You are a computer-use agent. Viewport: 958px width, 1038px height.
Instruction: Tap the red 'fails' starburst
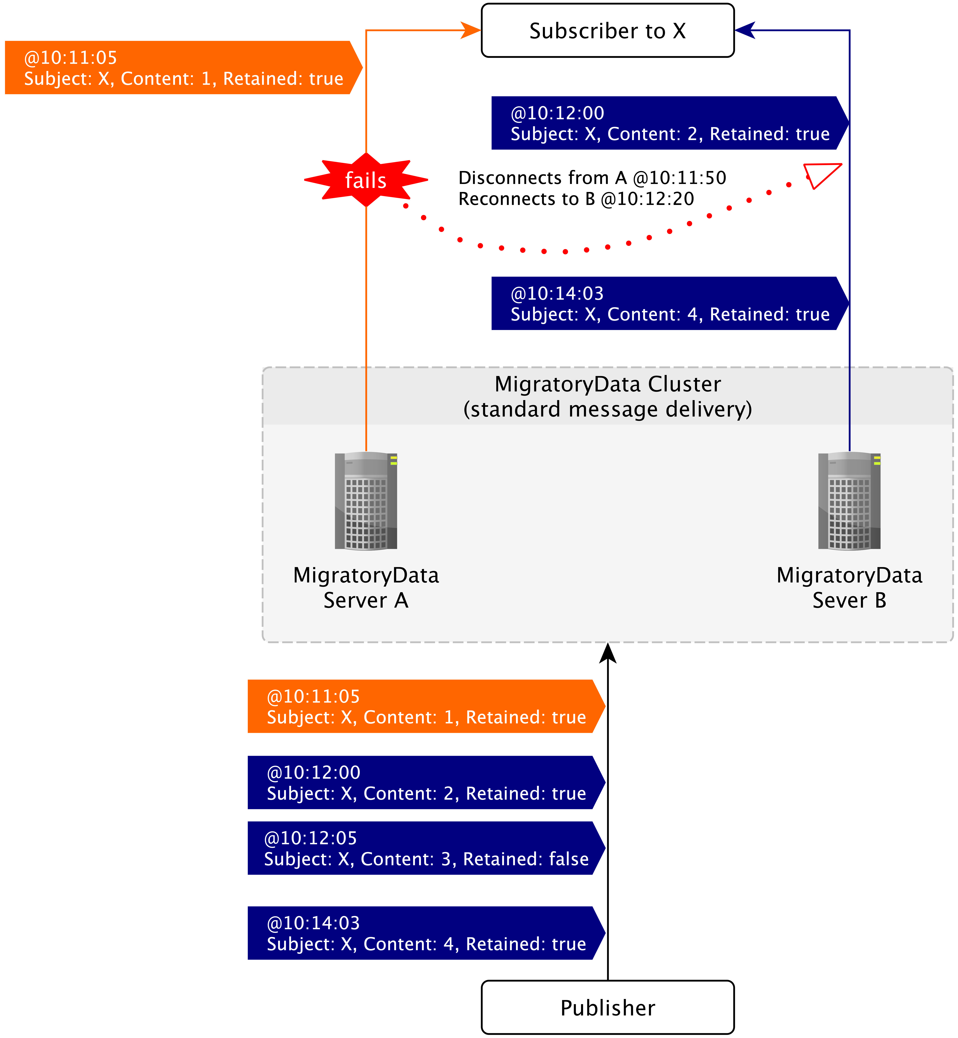[x=366, y=180]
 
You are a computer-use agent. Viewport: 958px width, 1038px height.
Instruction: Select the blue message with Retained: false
[x=425, y=848]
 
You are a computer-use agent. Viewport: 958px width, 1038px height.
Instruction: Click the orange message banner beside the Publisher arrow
[x=425, y=706]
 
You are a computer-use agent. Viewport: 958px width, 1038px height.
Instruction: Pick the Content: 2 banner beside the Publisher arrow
[x=425, y=782]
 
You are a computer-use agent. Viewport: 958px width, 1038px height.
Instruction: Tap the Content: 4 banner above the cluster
[x=669, y=303]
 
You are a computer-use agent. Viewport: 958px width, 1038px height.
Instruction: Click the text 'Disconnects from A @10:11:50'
[x=592, y=178]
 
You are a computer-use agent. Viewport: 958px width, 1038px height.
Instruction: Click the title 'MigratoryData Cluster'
[x=608, y=384]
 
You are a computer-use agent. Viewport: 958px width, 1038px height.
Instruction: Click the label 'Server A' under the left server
[x=366, y=600]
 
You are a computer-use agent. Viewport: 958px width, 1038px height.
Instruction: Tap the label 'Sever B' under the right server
[x=849, y=600]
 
